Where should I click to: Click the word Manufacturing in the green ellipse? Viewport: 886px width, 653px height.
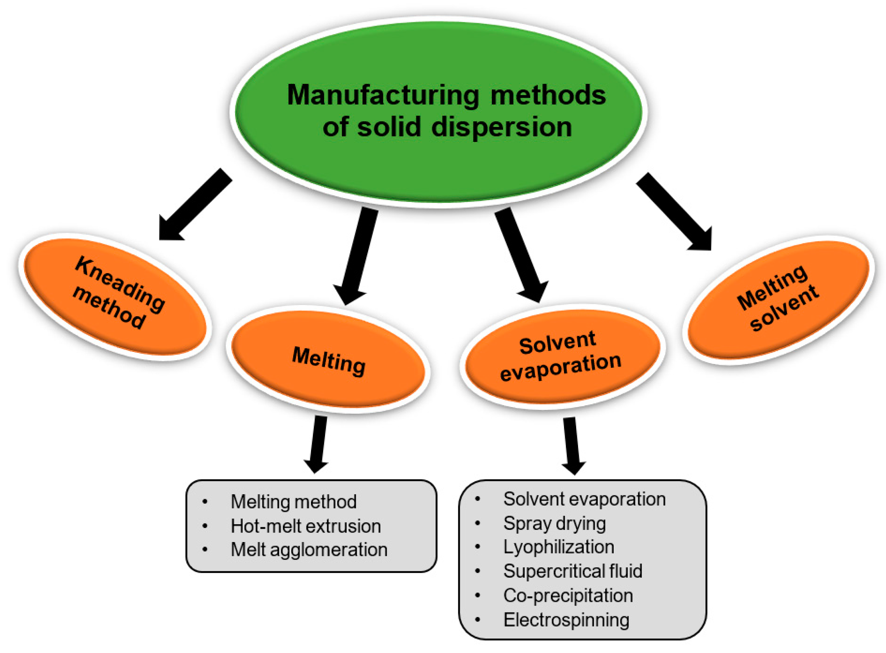point(382,95)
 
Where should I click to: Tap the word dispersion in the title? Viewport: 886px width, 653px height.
point(501,127)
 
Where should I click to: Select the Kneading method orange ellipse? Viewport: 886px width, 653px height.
point(115,297)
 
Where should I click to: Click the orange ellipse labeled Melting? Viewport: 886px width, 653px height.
point(328,360)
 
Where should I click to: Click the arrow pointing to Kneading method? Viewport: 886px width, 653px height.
point(194,206)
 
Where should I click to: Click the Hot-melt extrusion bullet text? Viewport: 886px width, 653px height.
point(305,526)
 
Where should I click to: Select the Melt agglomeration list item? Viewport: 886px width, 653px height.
point(309,550)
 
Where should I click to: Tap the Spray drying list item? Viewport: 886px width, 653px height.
point(554,524)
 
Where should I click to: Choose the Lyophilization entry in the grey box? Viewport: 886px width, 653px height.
point(558,547)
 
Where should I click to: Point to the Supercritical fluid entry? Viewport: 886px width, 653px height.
point(572,571)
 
